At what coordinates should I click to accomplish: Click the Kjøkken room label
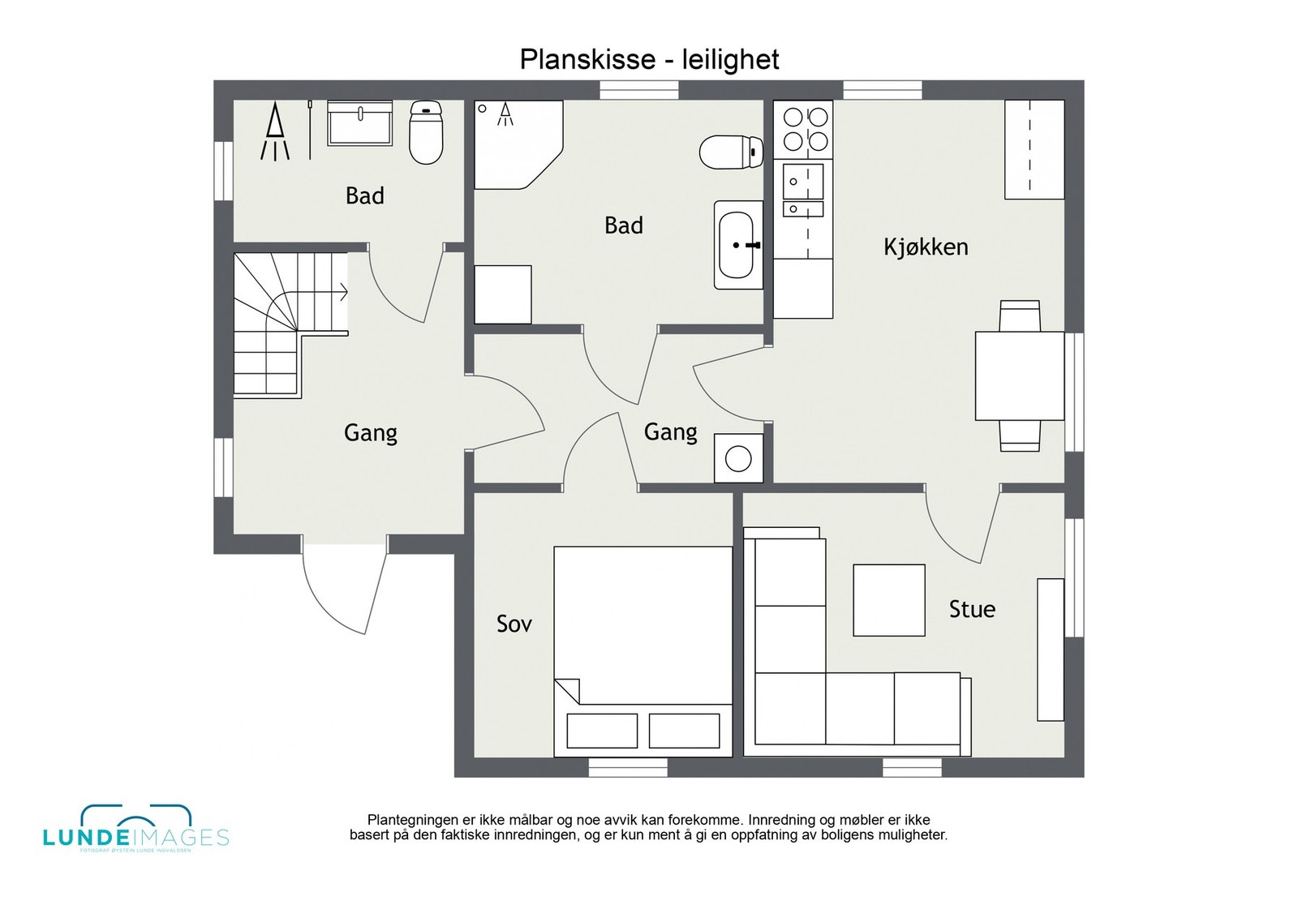(x=926, y=247)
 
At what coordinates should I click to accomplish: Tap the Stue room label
(x=972, y=609)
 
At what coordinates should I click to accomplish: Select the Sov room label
(x=514, y=624)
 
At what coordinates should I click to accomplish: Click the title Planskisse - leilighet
(x=649, y=59)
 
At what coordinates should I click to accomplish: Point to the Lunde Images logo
(x=135, y=830)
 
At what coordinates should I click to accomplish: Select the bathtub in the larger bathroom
(x=738, y=245)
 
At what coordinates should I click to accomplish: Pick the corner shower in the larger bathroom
(x=515, y=142)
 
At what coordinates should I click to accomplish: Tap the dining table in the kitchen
(x=1020, y=375)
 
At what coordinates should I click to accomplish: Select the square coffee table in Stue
(x=889, y=600)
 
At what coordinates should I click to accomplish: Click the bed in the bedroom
(x=643, y=649)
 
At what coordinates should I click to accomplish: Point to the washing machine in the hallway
(x=738, y=458)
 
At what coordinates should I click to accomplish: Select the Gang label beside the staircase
(x=371, y=433)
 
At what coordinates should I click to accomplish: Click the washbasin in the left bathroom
(x=359, y=123)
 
